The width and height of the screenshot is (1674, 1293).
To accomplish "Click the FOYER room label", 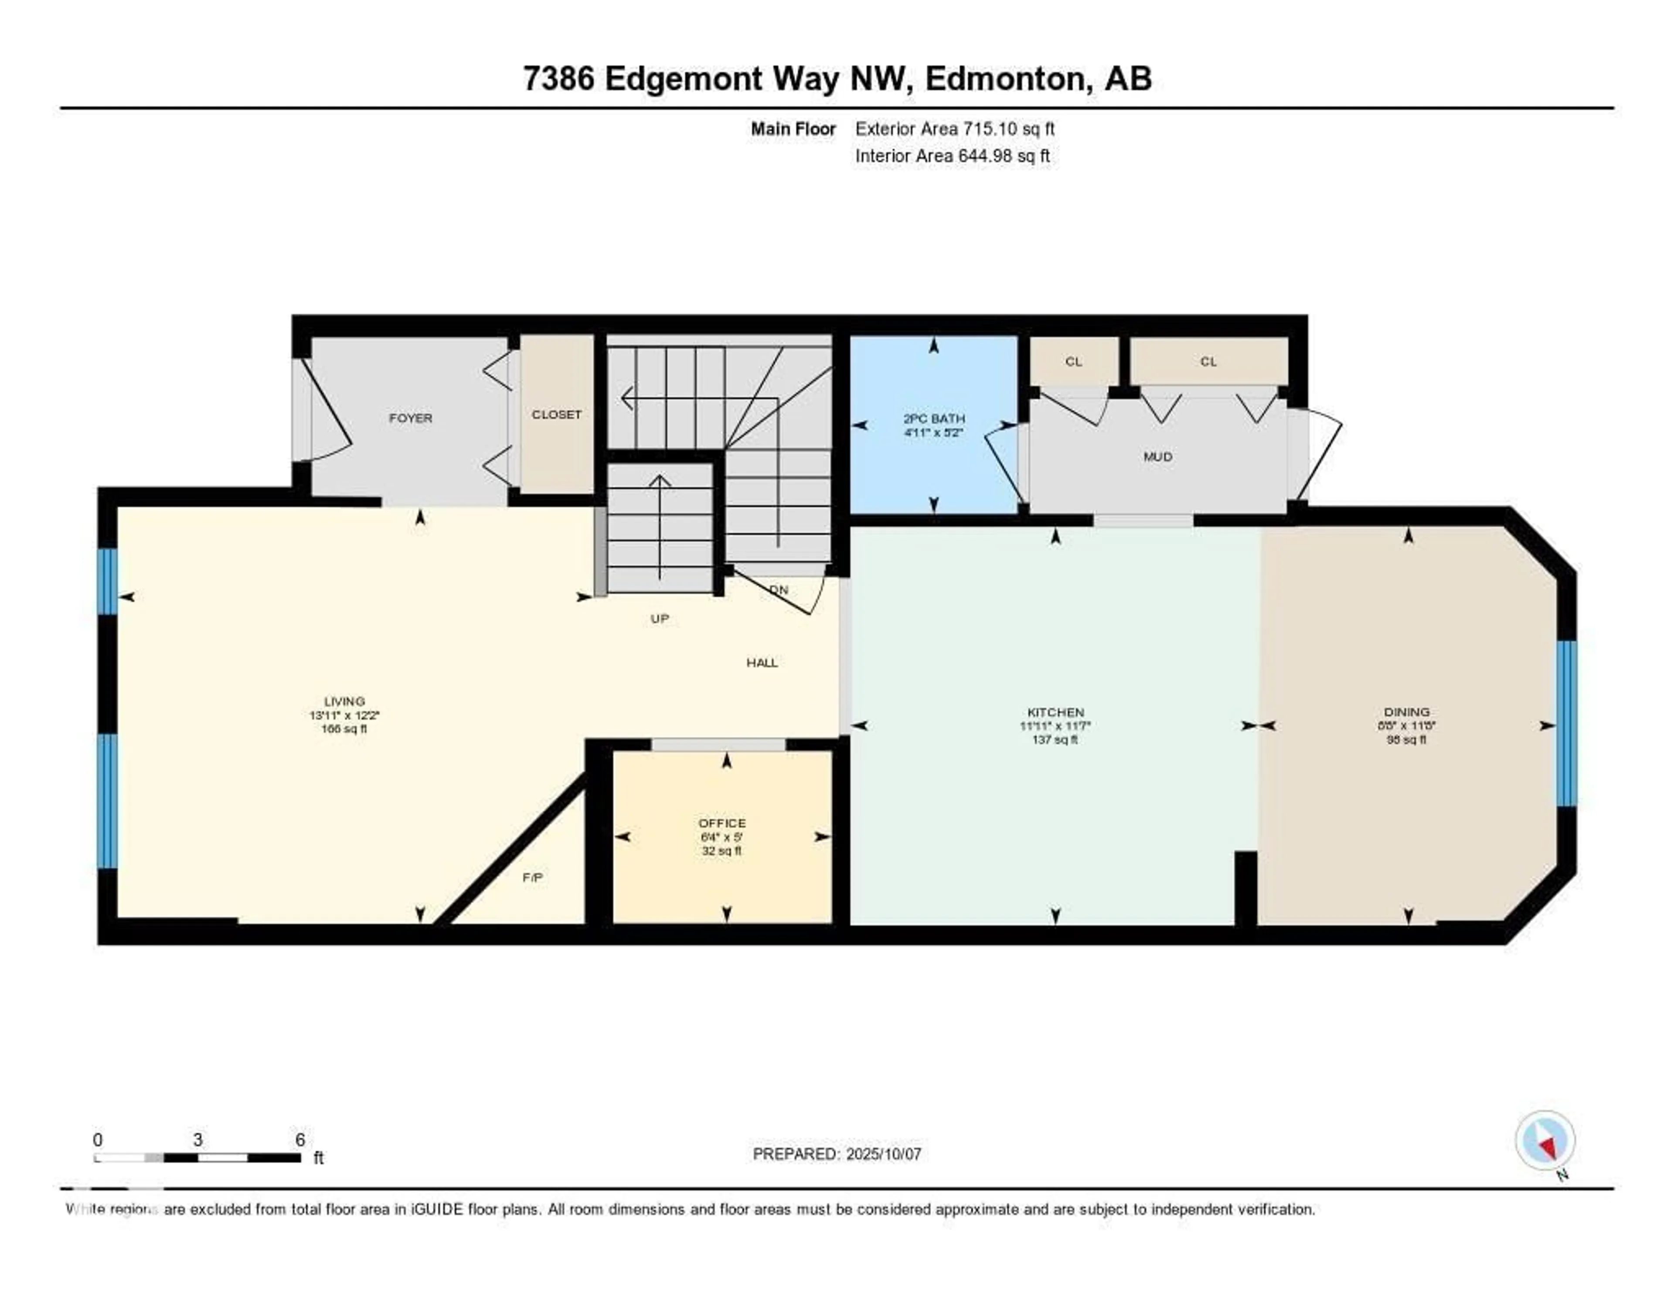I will [410, 418].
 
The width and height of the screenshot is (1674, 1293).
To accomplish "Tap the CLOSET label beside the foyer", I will [556, 414].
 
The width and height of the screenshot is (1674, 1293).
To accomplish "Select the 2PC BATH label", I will [934, 419].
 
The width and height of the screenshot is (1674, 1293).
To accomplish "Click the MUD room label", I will [1157, 457].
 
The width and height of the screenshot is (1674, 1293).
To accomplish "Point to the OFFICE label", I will [721, 823].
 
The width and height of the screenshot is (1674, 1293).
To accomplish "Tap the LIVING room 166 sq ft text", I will [344, 729].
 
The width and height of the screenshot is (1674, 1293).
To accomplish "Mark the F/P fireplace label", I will [533, 878].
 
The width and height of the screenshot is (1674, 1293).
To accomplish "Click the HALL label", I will [762, 662].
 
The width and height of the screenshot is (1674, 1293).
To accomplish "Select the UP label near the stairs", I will [659, 619].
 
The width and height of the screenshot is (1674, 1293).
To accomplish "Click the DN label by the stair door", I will [779, 590].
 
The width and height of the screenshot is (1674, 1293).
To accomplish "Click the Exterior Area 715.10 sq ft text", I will [954, 129].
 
